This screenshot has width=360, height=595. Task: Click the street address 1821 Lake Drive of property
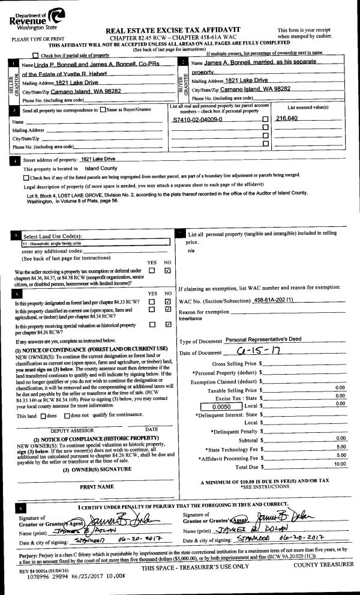click(98, 159)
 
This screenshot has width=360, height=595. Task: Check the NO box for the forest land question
click(168, 301)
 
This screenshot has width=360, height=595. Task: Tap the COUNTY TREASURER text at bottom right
click(323, 564)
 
